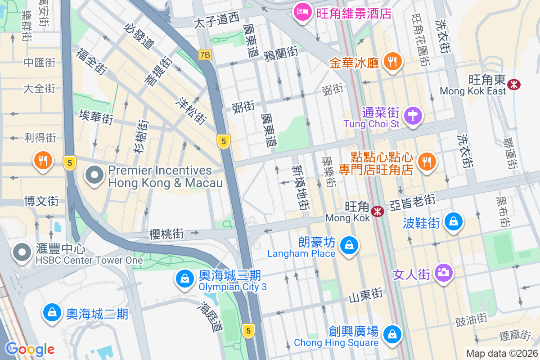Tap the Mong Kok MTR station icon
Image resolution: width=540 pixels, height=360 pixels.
pos(378,211)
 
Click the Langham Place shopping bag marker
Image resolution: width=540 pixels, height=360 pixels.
pos(348,245)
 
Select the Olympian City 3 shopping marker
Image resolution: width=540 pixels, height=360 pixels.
pos(185,279)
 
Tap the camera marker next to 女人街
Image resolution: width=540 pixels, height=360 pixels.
pos(443,272)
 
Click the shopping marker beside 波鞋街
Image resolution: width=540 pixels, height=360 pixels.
pos(454,221)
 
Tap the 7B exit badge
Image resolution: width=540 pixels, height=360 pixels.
pos(205,55)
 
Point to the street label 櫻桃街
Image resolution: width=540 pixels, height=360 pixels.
pos(166,234)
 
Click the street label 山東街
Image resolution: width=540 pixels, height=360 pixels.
pos(365,294)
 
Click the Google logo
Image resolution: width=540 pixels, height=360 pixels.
pos(30,349)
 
